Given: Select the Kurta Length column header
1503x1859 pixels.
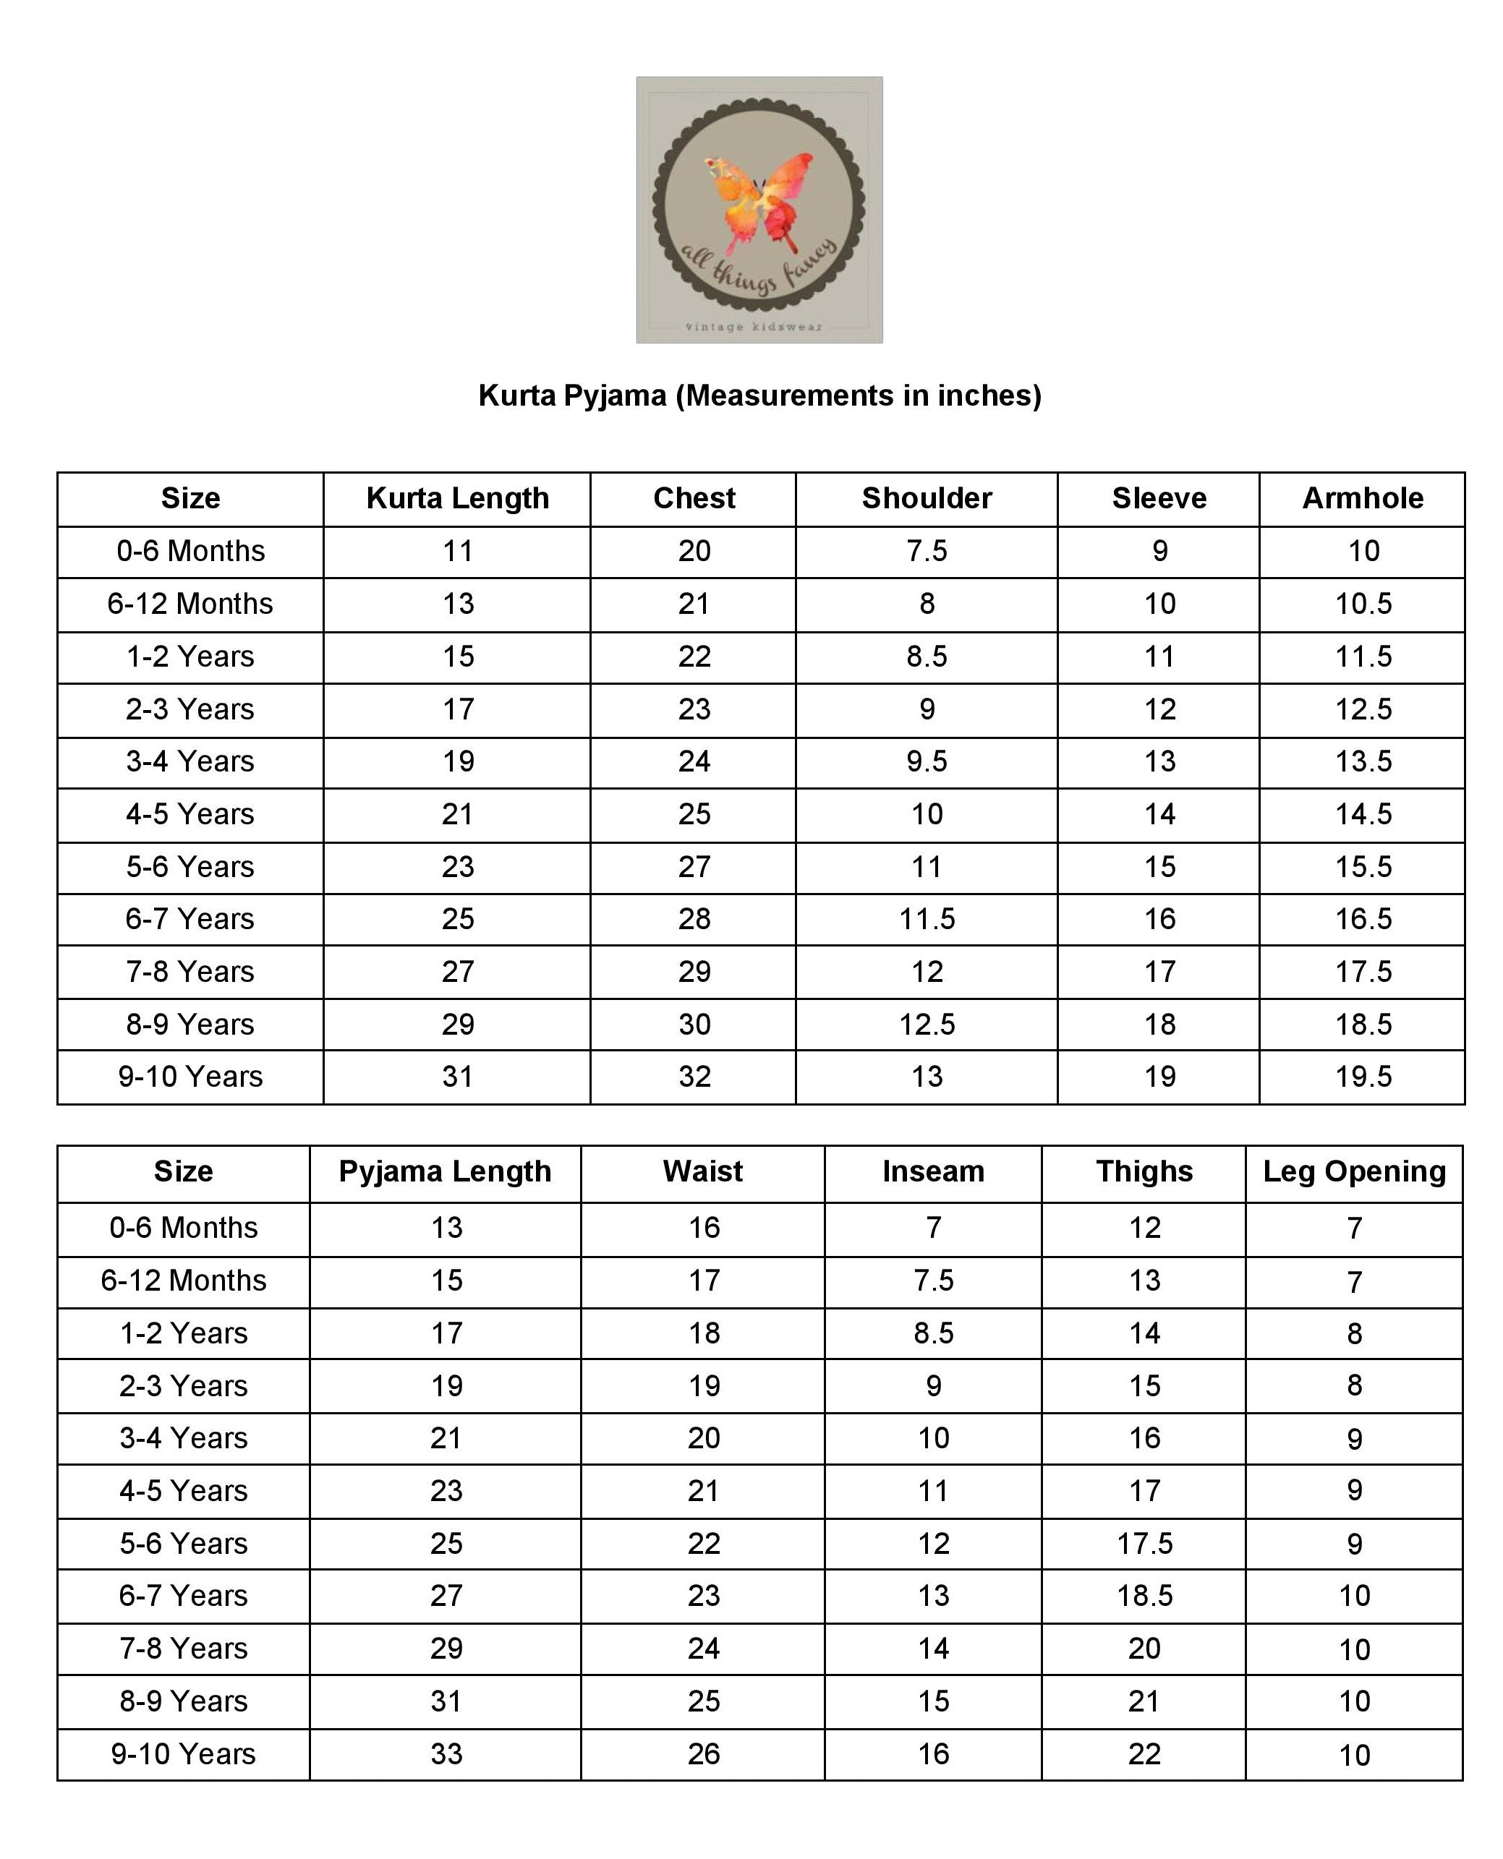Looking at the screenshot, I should pyautogui.click(x=457, y=498).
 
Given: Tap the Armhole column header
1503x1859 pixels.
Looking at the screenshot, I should pyautogui.click(x=1363, y=498).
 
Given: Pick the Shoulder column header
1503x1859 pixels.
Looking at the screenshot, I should pyautogui.click(x=927, y=498).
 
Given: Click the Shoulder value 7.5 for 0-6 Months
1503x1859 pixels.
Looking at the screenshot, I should pyautogui.click(x=927, y=551).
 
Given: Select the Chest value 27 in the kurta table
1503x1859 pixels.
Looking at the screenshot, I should pyautogui.click(x=694, y=867).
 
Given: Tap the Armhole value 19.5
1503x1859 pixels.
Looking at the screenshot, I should pyautogui.click(x=1363, y=1077).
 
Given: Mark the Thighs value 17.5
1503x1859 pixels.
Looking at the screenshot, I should pyautogui.click(x=1144, y=1544).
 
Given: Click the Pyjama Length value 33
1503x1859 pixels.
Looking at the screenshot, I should pyautogui.click(x=446, y=1754).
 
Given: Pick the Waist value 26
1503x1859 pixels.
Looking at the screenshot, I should pyautogui.click(x=704, y=1754).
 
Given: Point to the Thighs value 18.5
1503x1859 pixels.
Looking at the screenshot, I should pyautogui.click(x=1144, y=1596).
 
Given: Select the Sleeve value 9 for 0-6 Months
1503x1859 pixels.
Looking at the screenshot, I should pyautogui.click(x=1159, y=551).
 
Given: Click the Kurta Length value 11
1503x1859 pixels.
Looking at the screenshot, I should pyautogui.click(x=457, y=551).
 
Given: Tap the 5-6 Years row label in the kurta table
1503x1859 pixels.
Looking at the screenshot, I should pyautogui.click(x=190, y=867).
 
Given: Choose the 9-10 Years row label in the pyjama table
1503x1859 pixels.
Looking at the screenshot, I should pyautogui.click(x=184, y=1754).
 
